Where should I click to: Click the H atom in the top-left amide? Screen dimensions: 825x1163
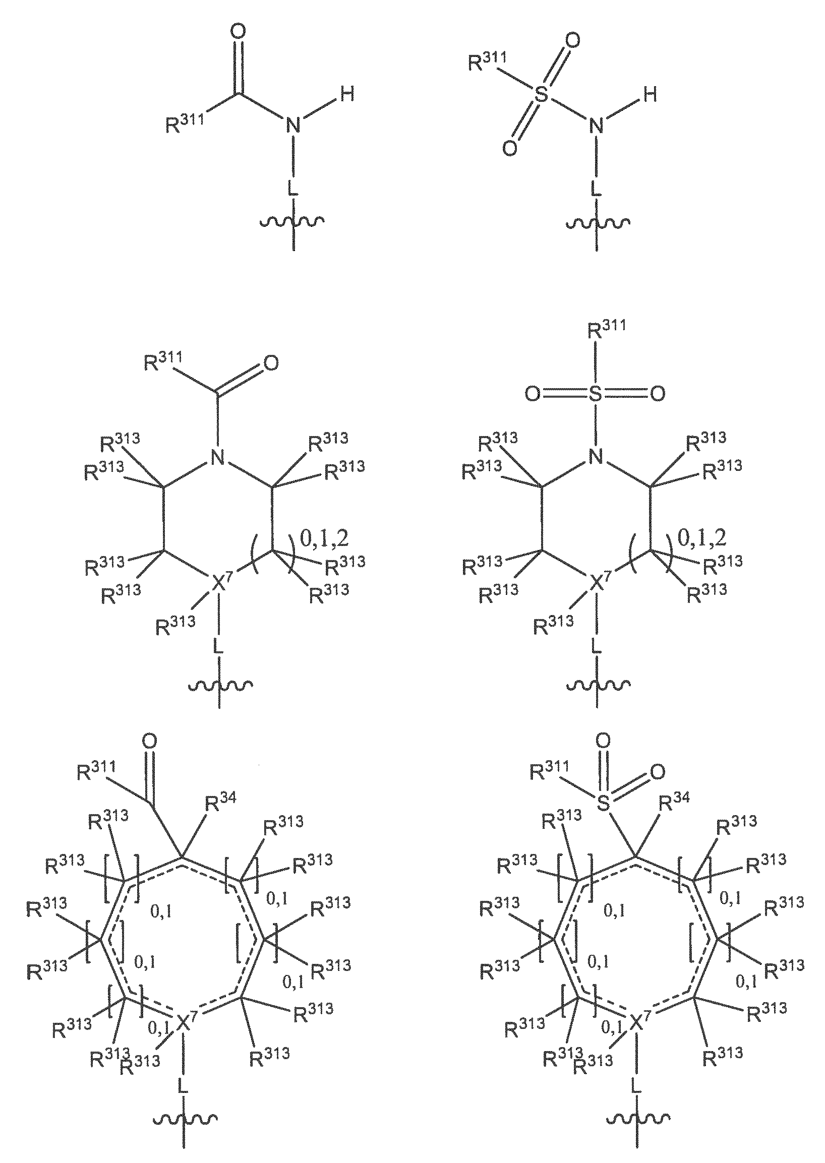[347, 94]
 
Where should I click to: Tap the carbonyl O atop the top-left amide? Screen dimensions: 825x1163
[238, 31]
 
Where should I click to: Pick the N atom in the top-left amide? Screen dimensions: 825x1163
[293, 125]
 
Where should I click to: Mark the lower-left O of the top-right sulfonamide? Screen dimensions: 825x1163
[509, 148]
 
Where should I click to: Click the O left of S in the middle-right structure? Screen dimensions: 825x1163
[533, 394]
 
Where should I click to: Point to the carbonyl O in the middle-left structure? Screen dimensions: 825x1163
[271, 363]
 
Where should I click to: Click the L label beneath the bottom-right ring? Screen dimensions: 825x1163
[635, 1087]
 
